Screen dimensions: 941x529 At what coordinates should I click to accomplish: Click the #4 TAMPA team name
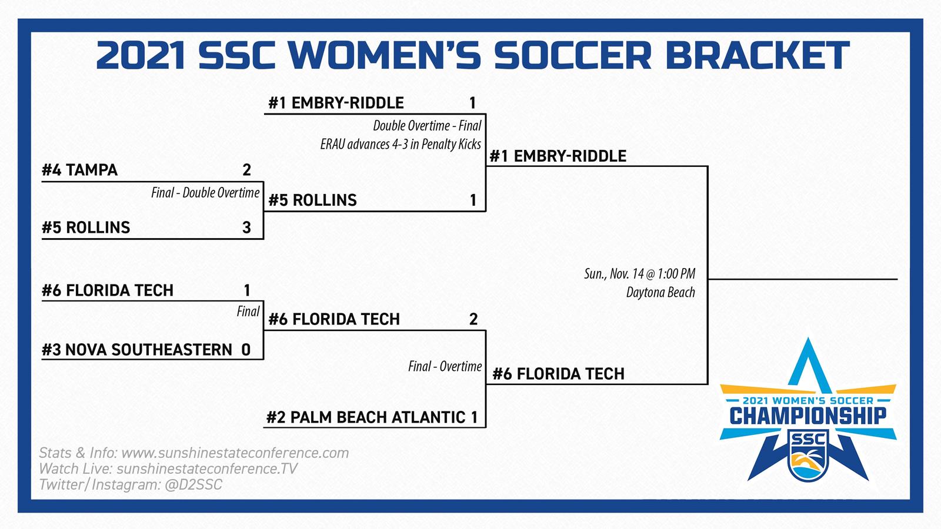tap(80, 170)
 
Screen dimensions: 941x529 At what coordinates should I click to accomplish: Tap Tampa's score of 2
tap(246, 170)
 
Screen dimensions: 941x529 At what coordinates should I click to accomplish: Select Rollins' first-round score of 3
tap(246, 227)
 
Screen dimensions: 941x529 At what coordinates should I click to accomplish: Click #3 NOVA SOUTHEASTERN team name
tap(137, 350)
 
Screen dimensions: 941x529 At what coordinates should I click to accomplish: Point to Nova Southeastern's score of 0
tap(246, 350)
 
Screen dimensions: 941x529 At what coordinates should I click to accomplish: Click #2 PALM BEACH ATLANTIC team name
tap(366, 417)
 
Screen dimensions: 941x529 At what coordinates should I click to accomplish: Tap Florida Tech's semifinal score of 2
tap(473, 320)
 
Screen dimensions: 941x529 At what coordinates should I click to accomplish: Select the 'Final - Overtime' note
tap(445, 367)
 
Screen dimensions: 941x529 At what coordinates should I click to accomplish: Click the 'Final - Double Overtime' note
tap(205, 193)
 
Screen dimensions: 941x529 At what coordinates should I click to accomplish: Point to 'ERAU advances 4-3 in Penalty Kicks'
tap(401, 145)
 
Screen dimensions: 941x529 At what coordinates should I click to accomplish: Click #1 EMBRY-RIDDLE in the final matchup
tap(558, 156)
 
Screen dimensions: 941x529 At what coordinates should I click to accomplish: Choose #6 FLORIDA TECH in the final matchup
tap(558, 374)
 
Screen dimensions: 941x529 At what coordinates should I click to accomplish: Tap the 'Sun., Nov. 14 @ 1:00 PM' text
tap(640, 274)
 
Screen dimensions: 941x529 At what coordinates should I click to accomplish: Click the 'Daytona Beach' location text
tap(661, 292)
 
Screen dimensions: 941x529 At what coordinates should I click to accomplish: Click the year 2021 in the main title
tap(141, 55)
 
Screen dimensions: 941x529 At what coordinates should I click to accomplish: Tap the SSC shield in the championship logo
tap(808, 455)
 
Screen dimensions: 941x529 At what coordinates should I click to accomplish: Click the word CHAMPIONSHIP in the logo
tap(808, 416)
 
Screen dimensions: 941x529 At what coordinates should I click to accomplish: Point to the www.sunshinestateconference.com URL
tap(235, 453)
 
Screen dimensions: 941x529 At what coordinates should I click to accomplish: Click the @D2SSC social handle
tap(193, 485)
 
